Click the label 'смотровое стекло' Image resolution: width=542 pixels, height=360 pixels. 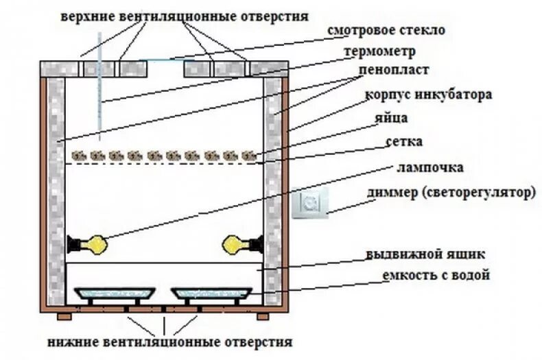(386, 30)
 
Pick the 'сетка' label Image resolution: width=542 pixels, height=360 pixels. (403, 142)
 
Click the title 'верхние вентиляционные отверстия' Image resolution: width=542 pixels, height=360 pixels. (183, 15)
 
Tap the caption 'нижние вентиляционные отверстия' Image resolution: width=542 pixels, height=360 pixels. (170, 341)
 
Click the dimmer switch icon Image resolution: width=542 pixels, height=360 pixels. (311, 204)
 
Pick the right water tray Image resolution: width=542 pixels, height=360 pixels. (208, 293)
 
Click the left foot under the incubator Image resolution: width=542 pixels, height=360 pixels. (63, 316)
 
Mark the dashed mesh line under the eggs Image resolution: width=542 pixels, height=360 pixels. (165, 163)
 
